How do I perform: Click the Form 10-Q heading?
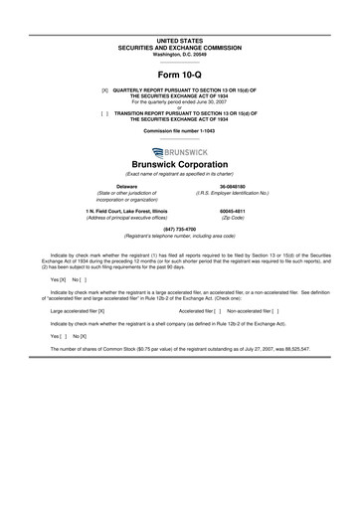click(x=179, y=75)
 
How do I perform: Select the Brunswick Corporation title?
click(x=179, y=164)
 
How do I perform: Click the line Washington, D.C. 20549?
click(x=179, y=52)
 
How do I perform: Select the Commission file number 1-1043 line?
click(x=179, y=131)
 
